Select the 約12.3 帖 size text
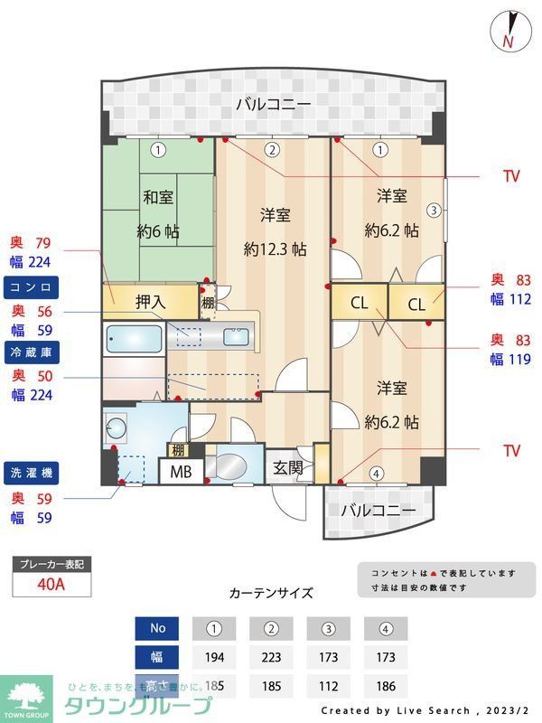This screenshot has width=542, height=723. pyautogui.click(x=275, y=249)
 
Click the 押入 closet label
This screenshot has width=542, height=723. pyautogui.click(x=151, y=302)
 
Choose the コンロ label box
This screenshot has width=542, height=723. pyautogui.click(x=32, y=287)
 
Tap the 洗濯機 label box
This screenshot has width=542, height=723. pyautogui.click(x=32, y=471)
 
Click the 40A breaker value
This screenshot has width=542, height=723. pyautogui.click(x=51, y=584)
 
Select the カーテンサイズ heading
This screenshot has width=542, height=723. pyautogui.click(x=271, y=593)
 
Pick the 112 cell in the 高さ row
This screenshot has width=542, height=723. pyautogui.click(x=328, y=686)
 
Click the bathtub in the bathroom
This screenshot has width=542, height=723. pyautogui.click(x=134, y=341)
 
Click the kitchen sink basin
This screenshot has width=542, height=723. pyautogui.click(x=236, y=336)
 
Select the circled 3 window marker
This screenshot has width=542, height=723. pyautogui.click(x=434, y=211)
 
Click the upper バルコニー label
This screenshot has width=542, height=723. pyautogui.click(x=273, y=105)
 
